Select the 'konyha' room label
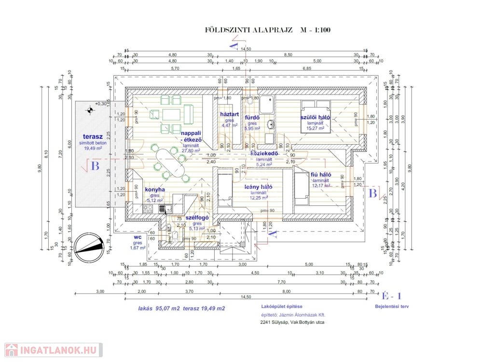pos(155,189)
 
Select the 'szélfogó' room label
pos(197,217)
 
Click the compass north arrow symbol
pos(88,245)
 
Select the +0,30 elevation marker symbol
pos(90,110)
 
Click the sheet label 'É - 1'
pos(391,296)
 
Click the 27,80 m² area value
pos(191,150)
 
